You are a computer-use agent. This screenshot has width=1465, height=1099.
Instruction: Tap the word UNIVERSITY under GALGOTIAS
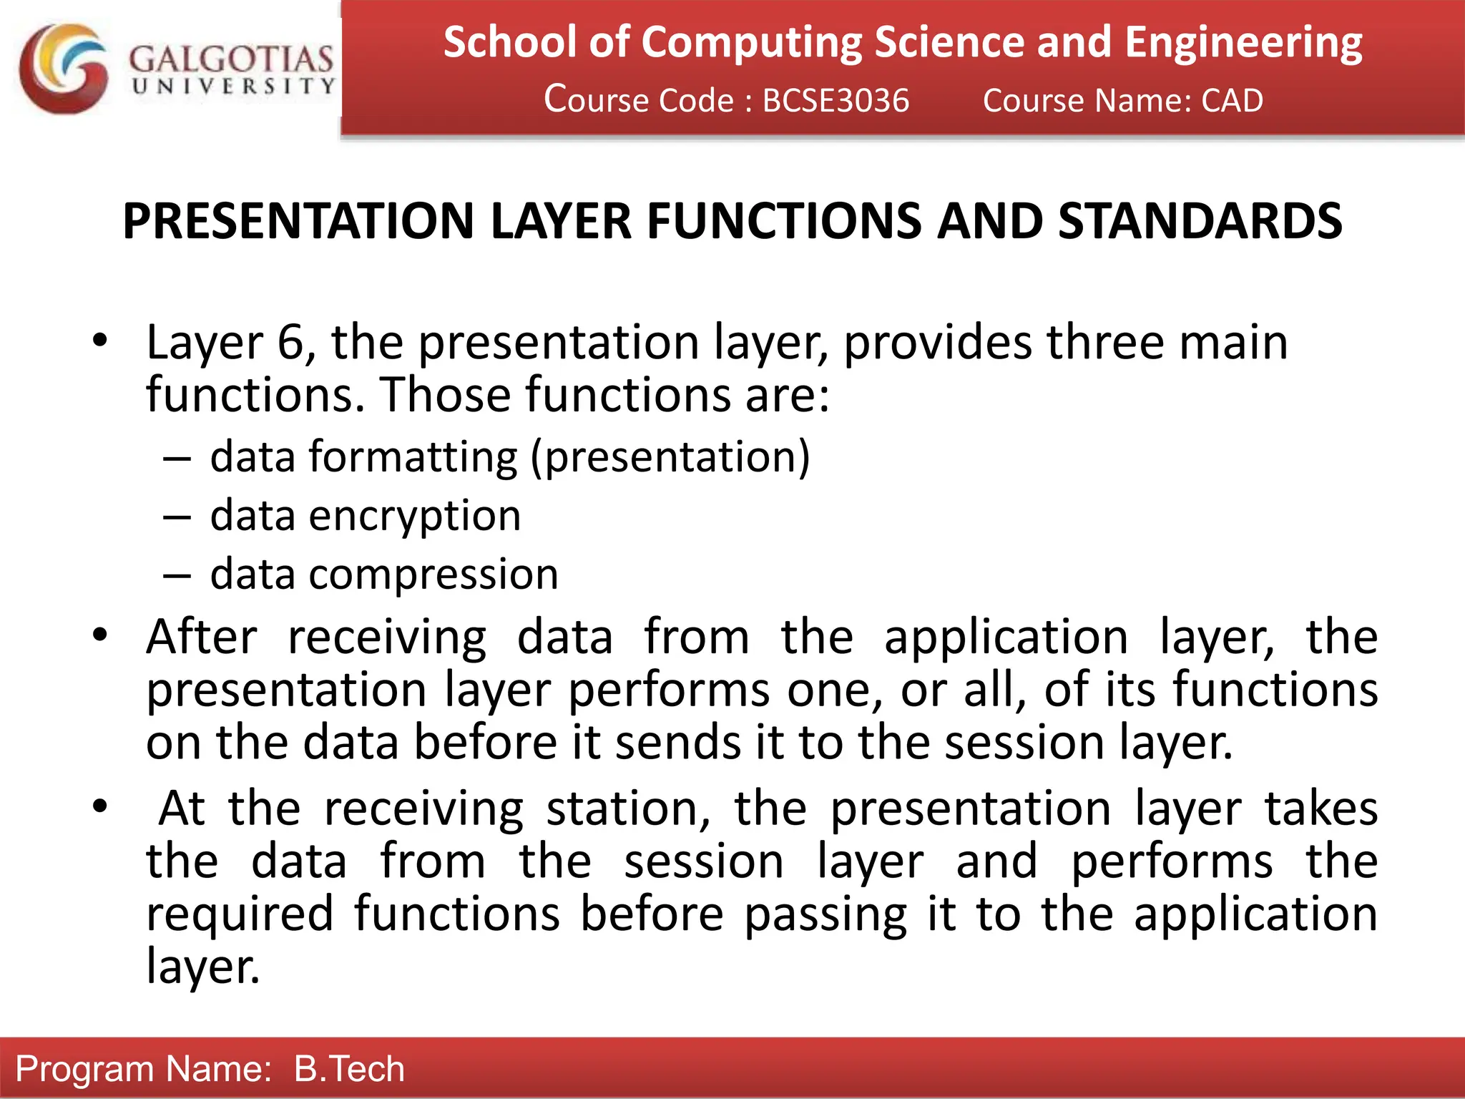(x=233, y=87)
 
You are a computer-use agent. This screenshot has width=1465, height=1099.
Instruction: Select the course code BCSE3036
(x=836, y=100)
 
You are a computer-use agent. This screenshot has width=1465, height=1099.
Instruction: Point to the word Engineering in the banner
(x=1243, y=42)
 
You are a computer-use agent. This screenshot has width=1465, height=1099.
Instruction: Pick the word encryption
(x=414, y=515)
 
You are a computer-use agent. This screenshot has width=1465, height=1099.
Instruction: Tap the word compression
(x=433, y=574)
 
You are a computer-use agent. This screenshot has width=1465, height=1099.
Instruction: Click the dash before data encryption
(x=177, y=517)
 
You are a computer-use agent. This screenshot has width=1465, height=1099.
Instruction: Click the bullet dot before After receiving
(x=99, y=634)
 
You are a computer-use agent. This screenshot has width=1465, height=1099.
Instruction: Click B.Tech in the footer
(x=349, y=1069)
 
